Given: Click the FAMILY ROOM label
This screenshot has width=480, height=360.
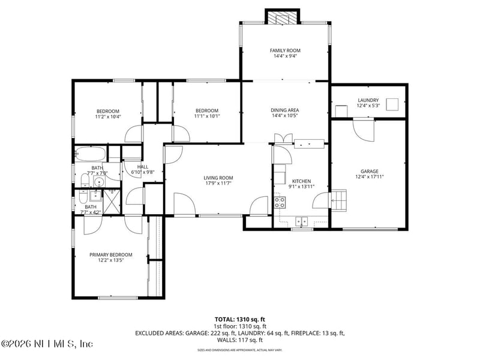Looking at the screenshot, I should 284,50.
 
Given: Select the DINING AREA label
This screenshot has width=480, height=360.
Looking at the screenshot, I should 284,110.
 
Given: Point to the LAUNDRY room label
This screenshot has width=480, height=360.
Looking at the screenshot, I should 368,100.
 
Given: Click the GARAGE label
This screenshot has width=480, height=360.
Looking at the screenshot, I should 369,171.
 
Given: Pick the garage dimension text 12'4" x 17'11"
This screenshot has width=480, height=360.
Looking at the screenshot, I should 369,177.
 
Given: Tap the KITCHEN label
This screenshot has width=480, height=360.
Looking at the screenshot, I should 301,181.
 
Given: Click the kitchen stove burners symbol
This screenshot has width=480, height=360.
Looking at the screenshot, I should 280,202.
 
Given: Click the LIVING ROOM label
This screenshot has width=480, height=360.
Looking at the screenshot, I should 218,178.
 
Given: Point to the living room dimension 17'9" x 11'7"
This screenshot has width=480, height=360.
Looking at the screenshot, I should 218,184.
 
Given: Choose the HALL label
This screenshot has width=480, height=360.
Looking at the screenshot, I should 142,167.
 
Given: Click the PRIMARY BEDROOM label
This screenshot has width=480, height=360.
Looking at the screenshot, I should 111,254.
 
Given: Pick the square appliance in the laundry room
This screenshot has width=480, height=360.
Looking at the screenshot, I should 392,104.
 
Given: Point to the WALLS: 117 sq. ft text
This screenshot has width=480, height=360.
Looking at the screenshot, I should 240,340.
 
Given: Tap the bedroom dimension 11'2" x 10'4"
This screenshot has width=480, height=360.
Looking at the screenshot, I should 108,117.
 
